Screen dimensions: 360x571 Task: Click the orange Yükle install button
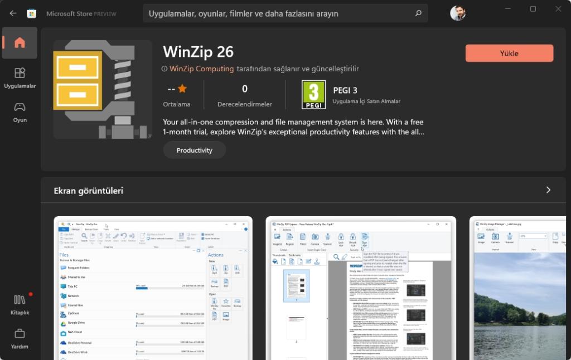pos(509,53)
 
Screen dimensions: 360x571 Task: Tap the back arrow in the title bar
pos(13,13)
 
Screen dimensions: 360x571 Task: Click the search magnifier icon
pos(418,13)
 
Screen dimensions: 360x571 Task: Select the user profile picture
pos(458,13)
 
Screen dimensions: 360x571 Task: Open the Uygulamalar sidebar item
pos(20,77)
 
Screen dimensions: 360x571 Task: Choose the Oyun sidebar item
pos(20,111)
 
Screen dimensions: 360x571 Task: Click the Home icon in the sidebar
pos(20,43)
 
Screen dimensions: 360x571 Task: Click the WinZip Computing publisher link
pos(201,69)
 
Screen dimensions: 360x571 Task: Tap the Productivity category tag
pos(195,150)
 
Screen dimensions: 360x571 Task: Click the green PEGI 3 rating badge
pos(313,95)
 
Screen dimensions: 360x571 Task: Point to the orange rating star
pos(182,89)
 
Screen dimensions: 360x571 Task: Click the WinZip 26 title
pos(198,52)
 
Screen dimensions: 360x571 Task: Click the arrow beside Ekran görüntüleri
pos(548,190)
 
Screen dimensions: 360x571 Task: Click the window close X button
pos(558,9)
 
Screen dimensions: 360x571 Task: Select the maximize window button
pos(533,9)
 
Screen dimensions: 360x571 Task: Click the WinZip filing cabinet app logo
pos(103,89)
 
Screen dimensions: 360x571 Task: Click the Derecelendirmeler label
pos(244,104)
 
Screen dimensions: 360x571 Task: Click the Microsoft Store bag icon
pos(32,13)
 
